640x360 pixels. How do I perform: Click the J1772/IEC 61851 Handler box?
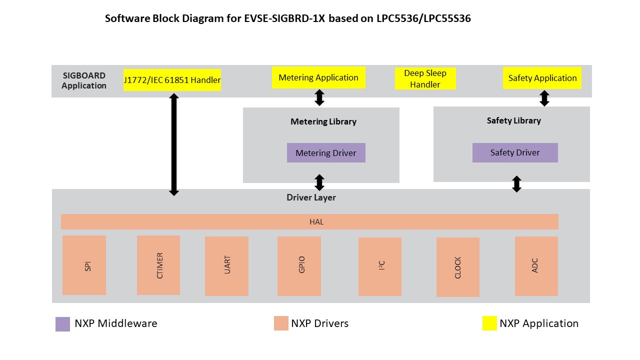[172, 80]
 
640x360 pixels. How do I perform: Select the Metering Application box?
[318, 78]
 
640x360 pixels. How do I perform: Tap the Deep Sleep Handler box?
[425, 79]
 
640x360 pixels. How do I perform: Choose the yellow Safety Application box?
[542, 78]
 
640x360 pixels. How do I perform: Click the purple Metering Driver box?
[326, 153]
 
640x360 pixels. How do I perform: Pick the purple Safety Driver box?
[515, 153]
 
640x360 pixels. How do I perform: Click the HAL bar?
[309, 221]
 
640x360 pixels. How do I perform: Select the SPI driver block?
[84, 265]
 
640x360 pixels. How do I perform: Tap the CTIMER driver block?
[158, 265]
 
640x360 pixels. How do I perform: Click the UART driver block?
[226, 266]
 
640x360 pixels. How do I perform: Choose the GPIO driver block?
[299, 266]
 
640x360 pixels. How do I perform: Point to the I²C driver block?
[380, 266]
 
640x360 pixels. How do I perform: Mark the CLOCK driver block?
[458, 267]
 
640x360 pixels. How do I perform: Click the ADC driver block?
[536, 266]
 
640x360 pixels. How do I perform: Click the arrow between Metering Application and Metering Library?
[319, 97]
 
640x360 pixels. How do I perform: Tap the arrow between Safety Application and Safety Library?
[544, 98]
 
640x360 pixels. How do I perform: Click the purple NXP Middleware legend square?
[62, 324]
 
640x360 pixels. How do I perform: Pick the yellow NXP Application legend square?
[489, 323]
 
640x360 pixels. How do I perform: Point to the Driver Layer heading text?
[311, 197]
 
